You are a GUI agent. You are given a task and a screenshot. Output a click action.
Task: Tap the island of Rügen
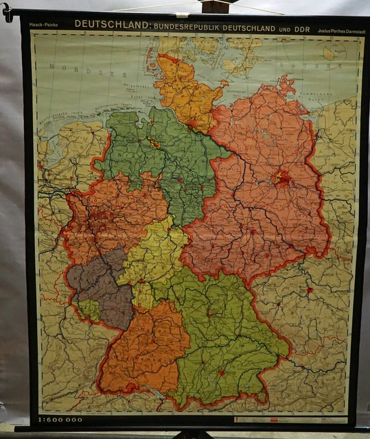point(287,86)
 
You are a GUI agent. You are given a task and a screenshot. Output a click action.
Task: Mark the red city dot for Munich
point(222,373)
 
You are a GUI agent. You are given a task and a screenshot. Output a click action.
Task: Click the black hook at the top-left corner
point(7,12)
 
